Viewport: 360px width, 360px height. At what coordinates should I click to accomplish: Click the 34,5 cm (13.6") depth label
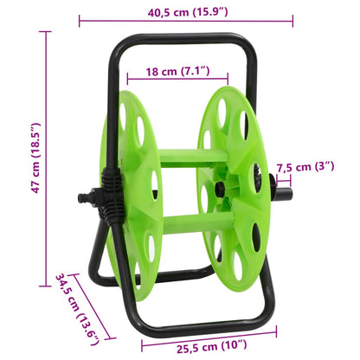(x=79, y=309)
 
